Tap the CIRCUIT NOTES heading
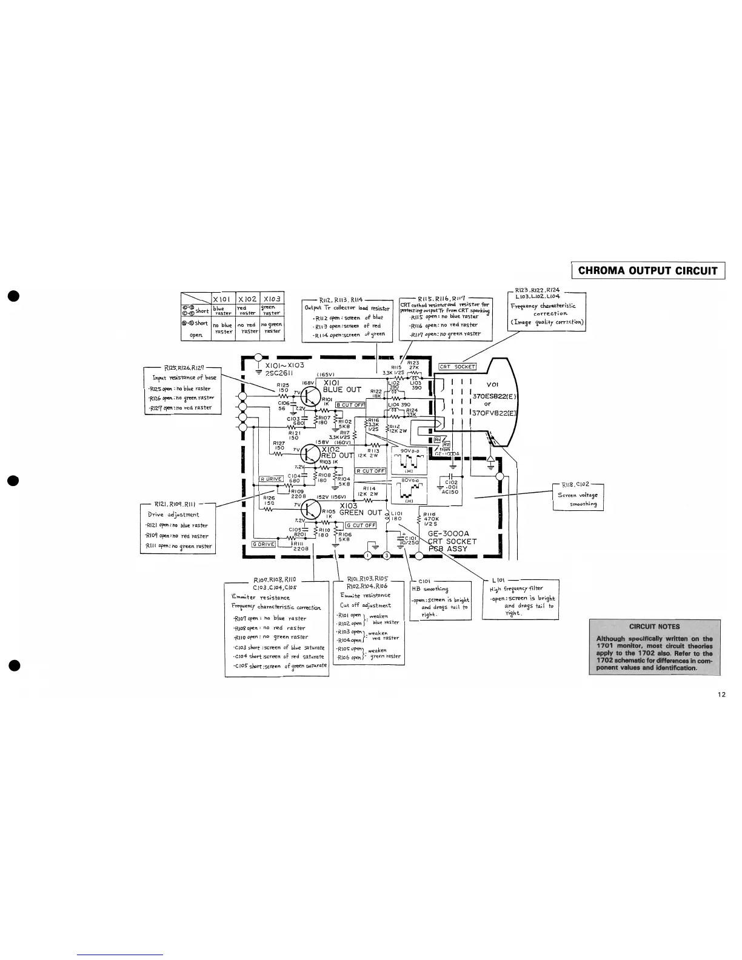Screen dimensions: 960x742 [654, 627]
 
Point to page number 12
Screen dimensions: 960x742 [721, 695]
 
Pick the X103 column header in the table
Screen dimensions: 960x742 [272, 298]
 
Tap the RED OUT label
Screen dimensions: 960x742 [337, 455]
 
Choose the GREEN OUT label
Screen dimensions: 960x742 [360, 513]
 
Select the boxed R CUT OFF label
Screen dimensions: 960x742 [370, 471]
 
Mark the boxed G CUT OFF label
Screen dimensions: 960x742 [361, 525]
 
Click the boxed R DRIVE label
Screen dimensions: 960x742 [272, 479]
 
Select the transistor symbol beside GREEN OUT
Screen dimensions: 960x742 [310, 510]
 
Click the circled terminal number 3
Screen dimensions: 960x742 [387, 555]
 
